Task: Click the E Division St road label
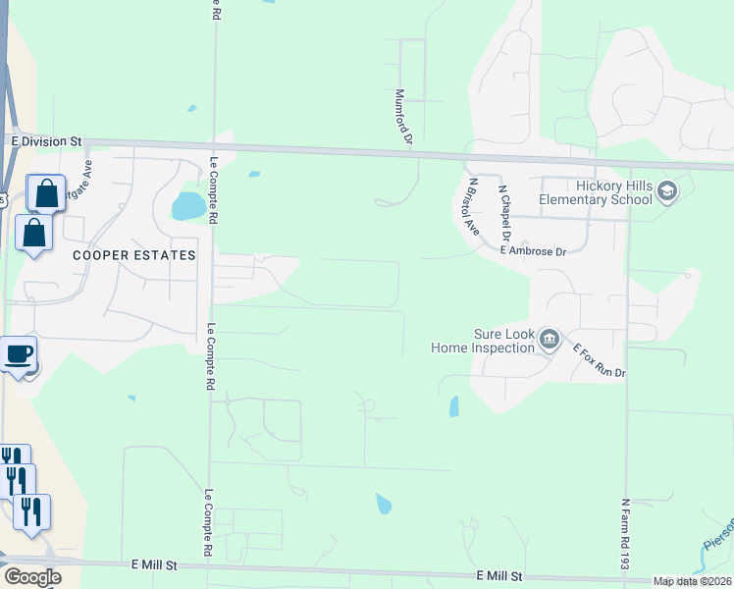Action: coord(47,141)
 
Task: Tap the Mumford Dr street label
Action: coord(400,117)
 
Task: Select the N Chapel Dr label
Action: coord(504,213)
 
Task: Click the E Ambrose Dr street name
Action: coord(534,251)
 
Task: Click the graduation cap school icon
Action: coord(668,190)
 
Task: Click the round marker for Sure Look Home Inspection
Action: coord(549,341)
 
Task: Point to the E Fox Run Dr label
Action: coord(599,361)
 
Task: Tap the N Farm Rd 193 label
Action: coord(624,534)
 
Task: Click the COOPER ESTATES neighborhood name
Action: coord(134,254)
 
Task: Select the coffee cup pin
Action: coord(19,353)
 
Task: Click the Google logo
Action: coord(32,577)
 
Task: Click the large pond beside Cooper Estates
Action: coord(186,206)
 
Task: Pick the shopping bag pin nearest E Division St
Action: coord(46,193)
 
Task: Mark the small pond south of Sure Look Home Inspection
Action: coord(453,405)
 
